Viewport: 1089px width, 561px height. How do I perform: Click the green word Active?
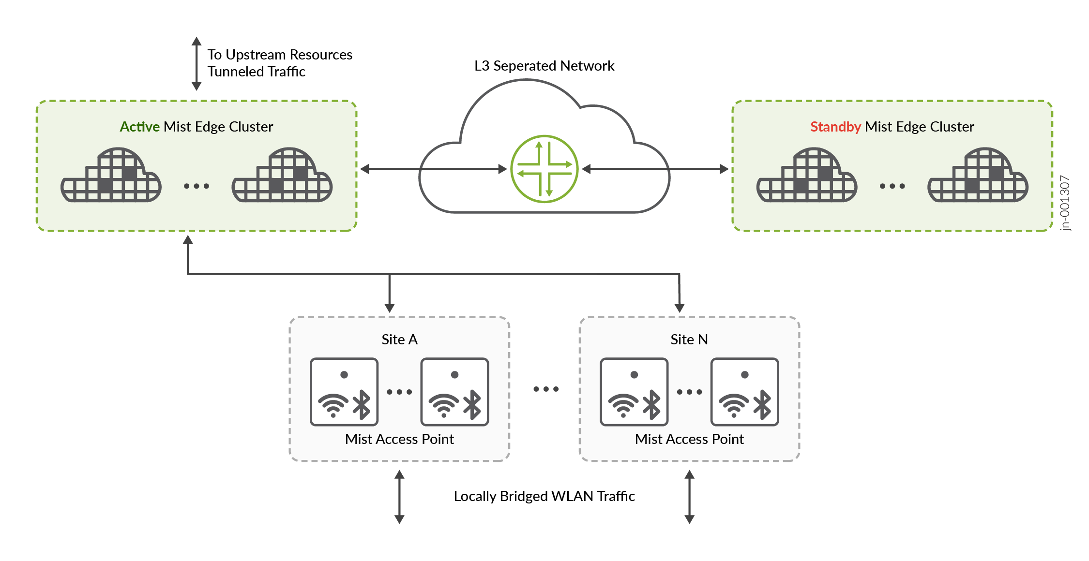click(139, 127)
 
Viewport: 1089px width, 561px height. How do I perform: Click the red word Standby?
click(835, 127)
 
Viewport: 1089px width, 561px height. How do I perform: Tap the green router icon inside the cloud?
click(544, 169)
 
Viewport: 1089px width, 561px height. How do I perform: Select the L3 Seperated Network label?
click(544, 66)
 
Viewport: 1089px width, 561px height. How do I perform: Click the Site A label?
click(399, 340)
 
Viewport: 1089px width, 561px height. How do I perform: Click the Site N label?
click(689, 340)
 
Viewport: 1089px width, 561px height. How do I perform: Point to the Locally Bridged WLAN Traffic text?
click(544, 496)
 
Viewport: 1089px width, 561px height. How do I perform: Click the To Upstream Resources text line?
click(280, 55)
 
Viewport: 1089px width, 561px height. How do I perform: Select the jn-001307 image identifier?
click(1065, 203)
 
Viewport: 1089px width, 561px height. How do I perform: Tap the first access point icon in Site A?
click(344, 392)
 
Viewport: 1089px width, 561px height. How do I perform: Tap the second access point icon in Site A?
click(454, 392)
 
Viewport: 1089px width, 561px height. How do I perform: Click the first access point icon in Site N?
click(634, 392)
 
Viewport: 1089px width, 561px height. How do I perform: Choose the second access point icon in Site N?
click(744, 392)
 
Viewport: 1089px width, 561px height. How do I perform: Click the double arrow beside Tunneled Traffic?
click(197, 63)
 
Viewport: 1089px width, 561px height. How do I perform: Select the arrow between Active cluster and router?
click(433, 169)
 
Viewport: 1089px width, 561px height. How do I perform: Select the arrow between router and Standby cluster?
click(655, 169)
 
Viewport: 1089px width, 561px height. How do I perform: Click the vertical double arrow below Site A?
click(399, 497)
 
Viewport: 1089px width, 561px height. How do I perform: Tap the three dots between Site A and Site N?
click(546, 389)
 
